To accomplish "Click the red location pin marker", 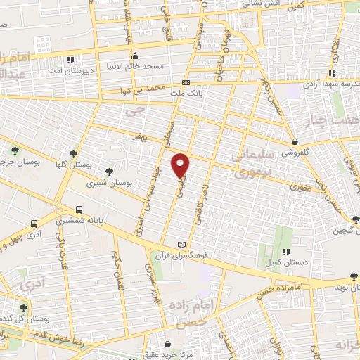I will click(181, 165).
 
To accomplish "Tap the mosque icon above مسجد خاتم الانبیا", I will click(135, 55).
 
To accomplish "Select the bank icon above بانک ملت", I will click(186, 82).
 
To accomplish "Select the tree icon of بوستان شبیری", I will click(109, 171).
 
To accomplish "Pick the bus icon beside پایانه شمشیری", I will click(79, 210).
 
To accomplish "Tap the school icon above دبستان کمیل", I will click(286, 251).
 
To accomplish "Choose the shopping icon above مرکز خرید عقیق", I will click(169, 345).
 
